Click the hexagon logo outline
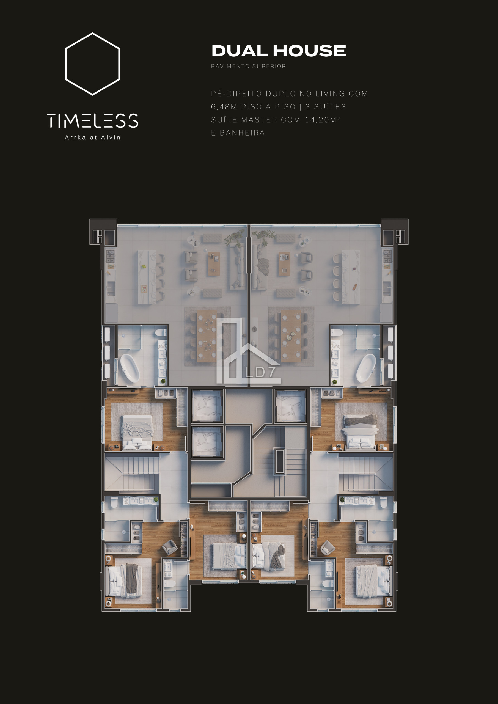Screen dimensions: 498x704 click(65, 64)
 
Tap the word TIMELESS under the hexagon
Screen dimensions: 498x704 click(92, 120)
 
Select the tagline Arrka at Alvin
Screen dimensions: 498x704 click(92, 137)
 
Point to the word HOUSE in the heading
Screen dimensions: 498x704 click(310, 51)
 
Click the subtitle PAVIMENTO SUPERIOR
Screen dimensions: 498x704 click(248, 66)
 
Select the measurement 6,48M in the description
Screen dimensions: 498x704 click(224, 107)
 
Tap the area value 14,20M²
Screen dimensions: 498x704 click(322, 120)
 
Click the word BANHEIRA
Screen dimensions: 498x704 click(242, 133)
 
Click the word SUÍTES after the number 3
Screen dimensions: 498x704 click(330, 107)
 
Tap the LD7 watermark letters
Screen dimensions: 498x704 click(260, 372)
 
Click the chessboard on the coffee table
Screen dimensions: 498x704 click(284, 270)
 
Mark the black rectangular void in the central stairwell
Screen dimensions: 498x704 click(279, 461)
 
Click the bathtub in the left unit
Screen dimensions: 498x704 click(130, 368)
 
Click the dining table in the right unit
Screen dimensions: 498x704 click(291, 336)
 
